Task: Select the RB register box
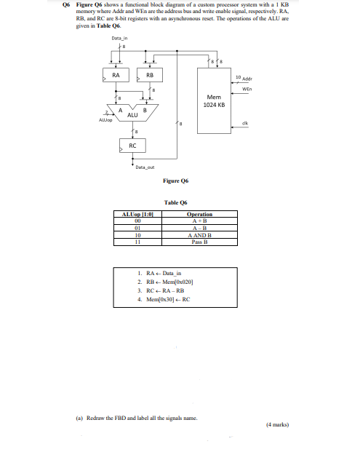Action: click(x=150, y=75)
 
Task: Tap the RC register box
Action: click(x=132, y=146)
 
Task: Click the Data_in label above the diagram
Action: click(x=121, y=38)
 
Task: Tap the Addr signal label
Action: click(x=247, y=76)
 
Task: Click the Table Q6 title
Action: click(x=176, y=203)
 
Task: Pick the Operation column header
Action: click(x=199, y=215)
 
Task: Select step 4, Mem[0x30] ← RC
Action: click(x=164, y=298)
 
